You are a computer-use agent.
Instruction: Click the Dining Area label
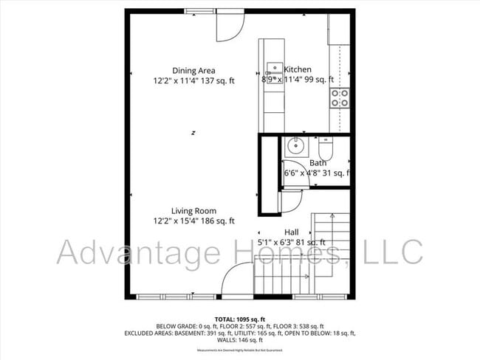click(194, 71)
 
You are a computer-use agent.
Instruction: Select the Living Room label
click(194, 211)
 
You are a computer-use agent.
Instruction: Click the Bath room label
click(318, 163)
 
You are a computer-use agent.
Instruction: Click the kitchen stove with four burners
click(340, 98)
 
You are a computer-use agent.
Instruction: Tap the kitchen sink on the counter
click(275, 75)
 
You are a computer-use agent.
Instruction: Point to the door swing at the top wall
click(230, 26)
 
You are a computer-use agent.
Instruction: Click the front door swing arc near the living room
click(236, 280)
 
